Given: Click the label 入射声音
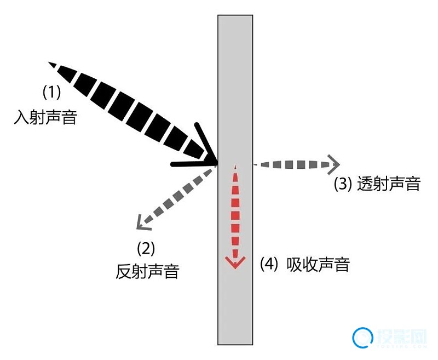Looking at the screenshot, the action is (45, 117).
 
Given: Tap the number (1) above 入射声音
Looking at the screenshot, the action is (51, 92).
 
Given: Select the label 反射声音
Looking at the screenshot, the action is (147, 271).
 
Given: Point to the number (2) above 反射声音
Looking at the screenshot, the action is (146, 248).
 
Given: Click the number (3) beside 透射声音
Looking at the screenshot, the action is (343, 184).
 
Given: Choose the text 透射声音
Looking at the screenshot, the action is (389, 184).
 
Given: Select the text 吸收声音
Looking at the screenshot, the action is (318, 264).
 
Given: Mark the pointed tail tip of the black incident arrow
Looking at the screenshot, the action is (49, 62).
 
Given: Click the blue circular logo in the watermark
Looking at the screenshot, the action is (362, 338).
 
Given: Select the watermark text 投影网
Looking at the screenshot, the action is (402, 337).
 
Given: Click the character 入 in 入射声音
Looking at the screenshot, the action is (22, 117).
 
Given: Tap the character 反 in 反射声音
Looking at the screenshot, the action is (124, 271).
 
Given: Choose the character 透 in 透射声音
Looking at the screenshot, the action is (365, 184).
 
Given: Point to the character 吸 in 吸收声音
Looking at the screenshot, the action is (294, 264).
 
